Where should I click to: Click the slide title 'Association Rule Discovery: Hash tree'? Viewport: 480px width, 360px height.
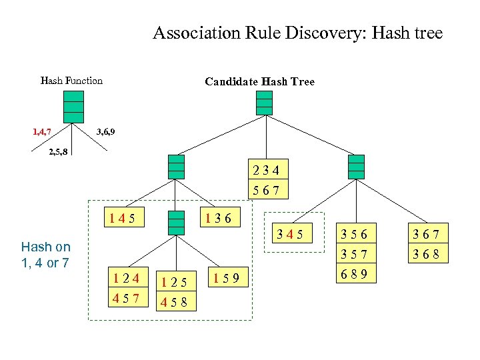click(297, 33)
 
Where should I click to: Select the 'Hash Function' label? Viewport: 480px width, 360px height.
click(71, 81)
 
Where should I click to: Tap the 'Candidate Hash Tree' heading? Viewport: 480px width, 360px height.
click(259, 82)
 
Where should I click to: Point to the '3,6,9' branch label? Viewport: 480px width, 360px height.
click(105, 131)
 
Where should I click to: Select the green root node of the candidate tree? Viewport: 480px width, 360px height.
click(265, 103)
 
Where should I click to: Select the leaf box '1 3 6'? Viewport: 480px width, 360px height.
click(219, 217)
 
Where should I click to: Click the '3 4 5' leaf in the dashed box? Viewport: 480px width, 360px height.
click(294, 234)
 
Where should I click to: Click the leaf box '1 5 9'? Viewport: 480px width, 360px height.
click(228, 275)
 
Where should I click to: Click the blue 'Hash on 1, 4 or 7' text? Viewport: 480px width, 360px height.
click(45, 255)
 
